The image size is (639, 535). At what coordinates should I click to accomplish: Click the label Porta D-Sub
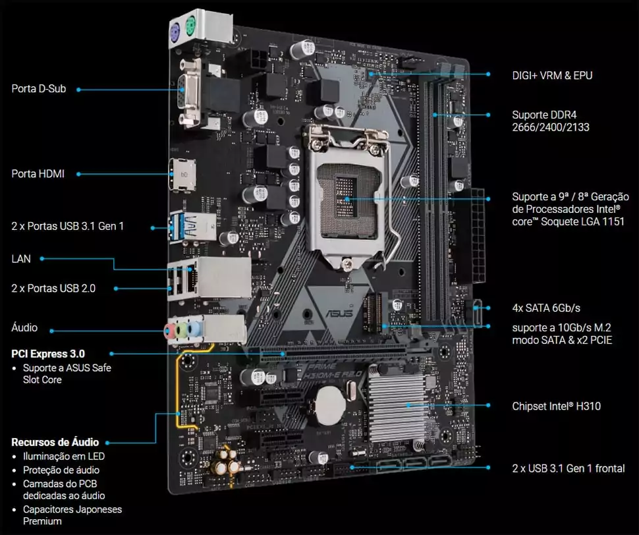39,89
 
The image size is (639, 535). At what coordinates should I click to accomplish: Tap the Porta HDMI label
38,174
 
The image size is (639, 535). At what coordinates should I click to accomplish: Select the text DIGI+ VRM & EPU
552,75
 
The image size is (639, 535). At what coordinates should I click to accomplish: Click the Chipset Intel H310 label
556,406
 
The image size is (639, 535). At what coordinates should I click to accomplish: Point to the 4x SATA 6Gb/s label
546,308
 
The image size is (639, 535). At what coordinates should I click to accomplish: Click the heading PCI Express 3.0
48,354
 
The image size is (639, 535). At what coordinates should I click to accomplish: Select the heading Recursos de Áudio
55,442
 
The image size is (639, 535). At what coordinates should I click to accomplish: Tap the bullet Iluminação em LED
64,457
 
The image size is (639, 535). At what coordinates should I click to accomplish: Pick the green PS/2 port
190,27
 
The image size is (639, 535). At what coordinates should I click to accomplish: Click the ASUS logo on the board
339,313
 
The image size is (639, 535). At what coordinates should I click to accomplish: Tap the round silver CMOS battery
331,405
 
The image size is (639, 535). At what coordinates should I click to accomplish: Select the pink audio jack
169,331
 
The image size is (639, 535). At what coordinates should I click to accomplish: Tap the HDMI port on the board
182,175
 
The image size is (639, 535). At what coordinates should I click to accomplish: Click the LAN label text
21,259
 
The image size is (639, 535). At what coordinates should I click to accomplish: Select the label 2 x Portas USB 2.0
53,289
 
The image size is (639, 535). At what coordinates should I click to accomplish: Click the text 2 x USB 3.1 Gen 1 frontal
569,468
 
